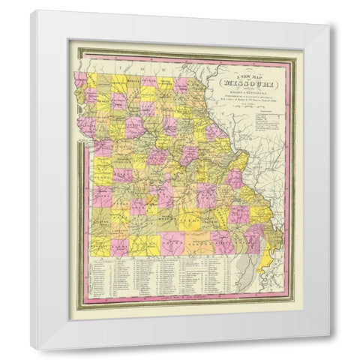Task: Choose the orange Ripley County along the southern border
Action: (x=223, y=241)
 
